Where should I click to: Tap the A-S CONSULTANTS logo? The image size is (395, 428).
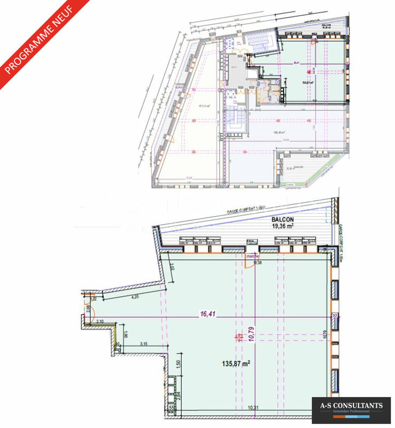[352, 407]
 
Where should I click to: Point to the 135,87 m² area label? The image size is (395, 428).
[237, 363]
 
